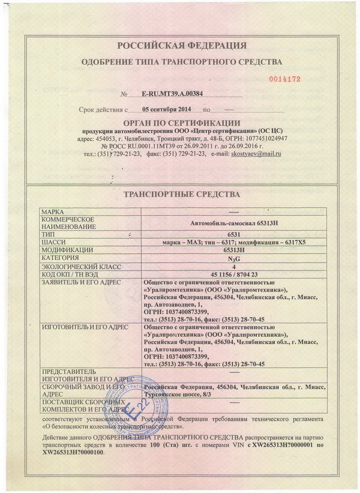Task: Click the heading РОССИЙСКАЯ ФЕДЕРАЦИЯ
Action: (181, 46)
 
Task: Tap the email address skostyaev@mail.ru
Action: (252, 154)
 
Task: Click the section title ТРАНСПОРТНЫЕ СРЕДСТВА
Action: (181, 195)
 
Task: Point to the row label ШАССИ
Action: (54, 242)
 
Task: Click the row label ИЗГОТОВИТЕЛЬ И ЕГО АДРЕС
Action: (84, 327)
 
